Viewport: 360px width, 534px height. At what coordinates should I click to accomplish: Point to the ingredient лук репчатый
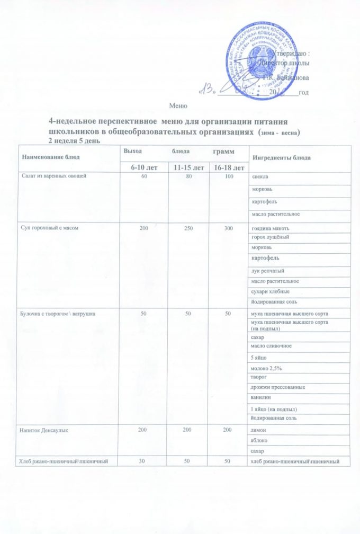[x=267, y=270]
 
